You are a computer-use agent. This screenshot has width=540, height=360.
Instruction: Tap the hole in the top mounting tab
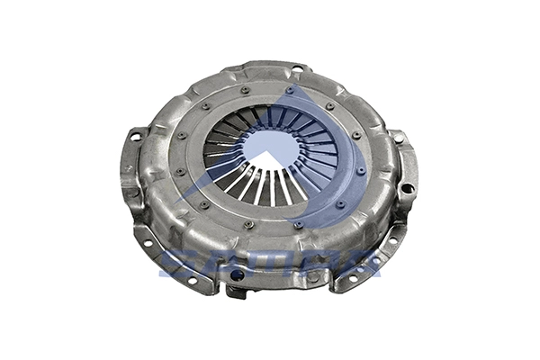[297, 69]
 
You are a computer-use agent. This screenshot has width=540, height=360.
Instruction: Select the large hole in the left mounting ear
[136, 138]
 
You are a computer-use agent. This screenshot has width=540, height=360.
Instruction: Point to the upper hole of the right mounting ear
[399, 139]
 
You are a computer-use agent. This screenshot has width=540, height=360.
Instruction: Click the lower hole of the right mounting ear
[407, 188]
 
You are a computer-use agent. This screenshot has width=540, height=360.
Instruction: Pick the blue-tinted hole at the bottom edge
[237, 274]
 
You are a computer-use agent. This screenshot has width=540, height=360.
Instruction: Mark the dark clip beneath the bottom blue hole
[236, 291]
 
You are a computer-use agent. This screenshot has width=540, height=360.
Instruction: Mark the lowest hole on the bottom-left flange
[191, 280]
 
